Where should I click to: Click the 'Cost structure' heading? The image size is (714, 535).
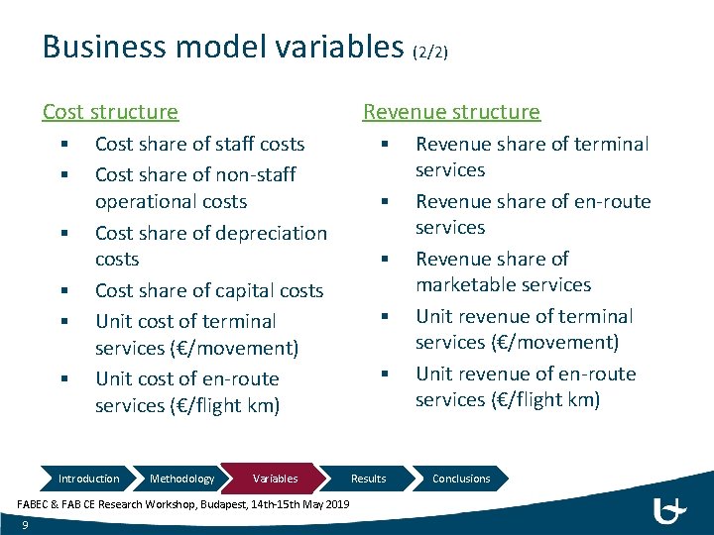click(110, 112)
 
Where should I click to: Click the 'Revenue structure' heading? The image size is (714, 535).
click(451, 112)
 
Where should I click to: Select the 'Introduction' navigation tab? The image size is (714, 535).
click(88, 479)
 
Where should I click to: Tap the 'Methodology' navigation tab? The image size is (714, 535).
click(181, 479)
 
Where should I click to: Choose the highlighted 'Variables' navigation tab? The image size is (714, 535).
click(275, 479)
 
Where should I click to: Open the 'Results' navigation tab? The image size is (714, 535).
click(368, 479)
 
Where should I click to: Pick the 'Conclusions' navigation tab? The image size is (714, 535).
click(461, 479)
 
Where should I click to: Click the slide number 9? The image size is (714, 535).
click(24, 525)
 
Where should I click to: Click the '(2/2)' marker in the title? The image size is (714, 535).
click(431, 51)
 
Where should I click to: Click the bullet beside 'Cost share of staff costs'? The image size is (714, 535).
click(61, 145)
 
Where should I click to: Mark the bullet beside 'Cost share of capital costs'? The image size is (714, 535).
click(61, 291)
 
